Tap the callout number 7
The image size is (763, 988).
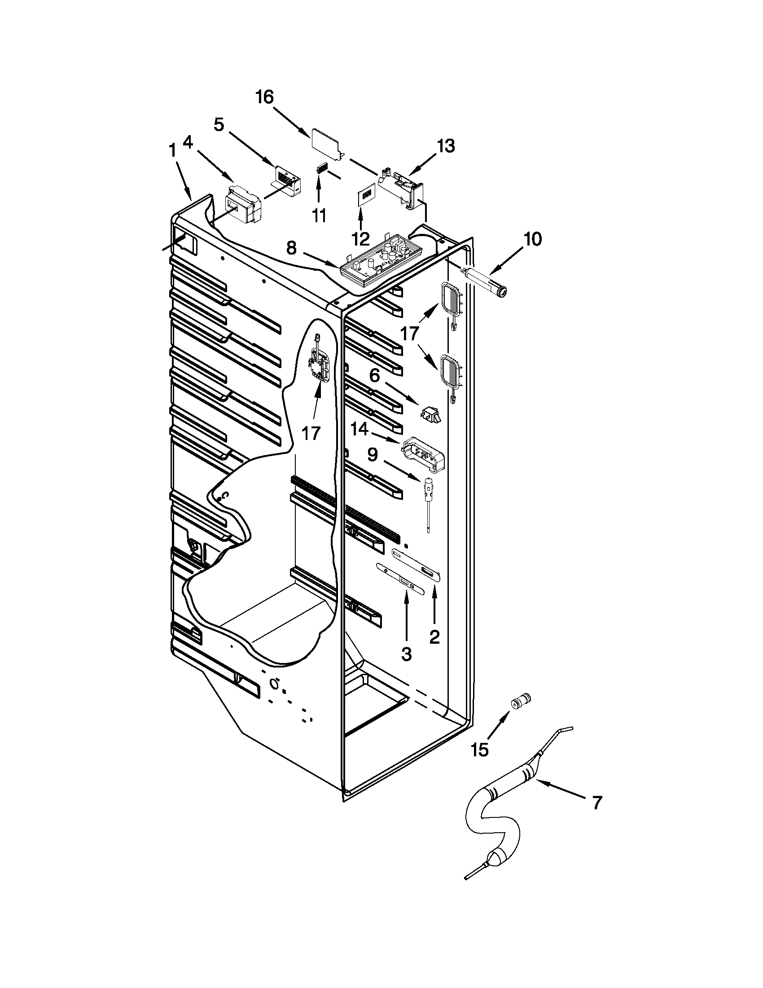click(597, 803)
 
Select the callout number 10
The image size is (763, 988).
click(533, 239)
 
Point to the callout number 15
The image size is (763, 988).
click(479, 750)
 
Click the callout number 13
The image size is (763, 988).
click(446, 146)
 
